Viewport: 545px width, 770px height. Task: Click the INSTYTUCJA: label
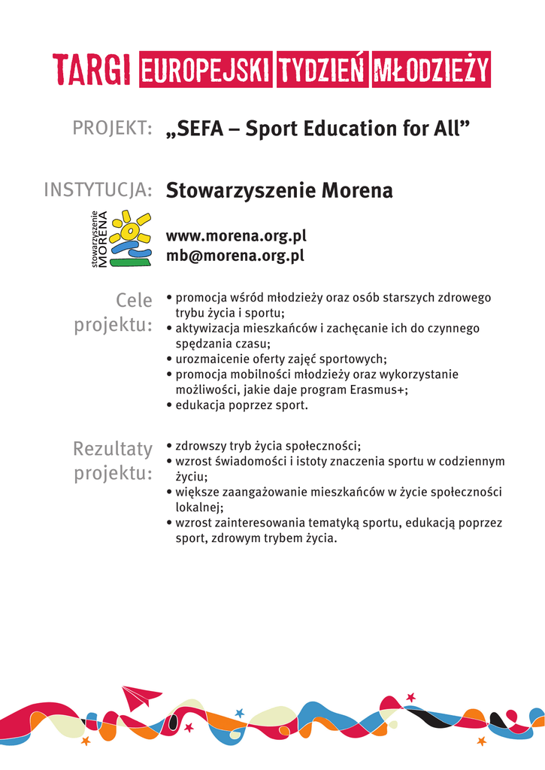[x=98, y=190]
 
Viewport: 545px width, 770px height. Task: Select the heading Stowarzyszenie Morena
[x=279, y=190]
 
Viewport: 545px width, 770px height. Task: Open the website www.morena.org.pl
[x=236, y=236]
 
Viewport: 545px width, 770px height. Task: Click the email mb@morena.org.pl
[x=235, y=256]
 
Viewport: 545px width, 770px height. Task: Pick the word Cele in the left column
[x=134, y=301]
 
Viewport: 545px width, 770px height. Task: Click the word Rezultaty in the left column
[x=113, y=449]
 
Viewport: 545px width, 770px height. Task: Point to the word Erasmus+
[x=377, y=390]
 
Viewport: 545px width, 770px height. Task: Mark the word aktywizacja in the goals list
[x=207, y=329]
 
